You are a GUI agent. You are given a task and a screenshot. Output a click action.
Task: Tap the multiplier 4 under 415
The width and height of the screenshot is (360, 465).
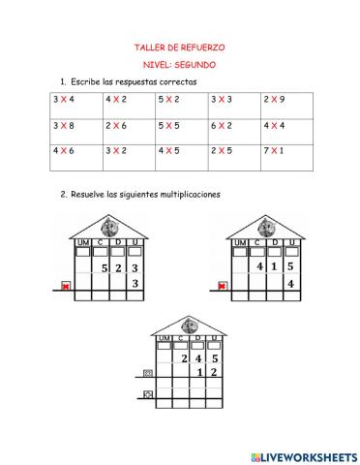point(289,284)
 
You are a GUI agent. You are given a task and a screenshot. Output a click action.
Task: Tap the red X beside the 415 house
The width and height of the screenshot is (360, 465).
point(224,286)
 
